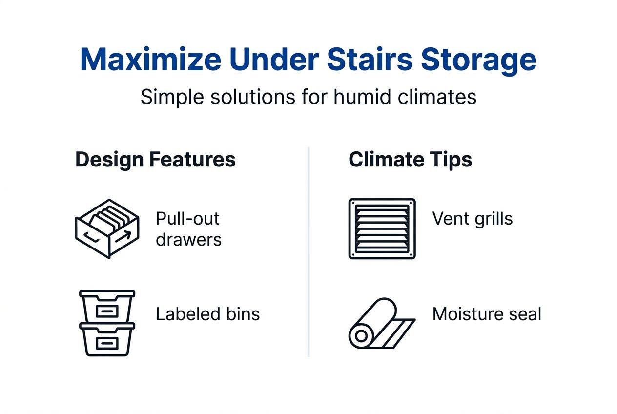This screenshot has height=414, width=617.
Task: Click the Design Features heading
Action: tap(155, 160)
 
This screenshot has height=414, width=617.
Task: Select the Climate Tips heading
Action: tap(410, 160)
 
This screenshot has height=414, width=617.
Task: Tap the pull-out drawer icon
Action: tap(107, 228)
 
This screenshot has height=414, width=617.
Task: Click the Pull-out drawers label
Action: tap(188, 228)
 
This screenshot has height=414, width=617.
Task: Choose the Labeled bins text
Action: tap(207, 314)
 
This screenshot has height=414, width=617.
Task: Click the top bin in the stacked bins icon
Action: tap(107, 306)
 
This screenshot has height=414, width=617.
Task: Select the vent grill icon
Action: tap(382, 228)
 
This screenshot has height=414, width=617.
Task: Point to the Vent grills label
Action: tap(473, 218)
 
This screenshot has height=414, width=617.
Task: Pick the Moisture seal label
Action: tap(487, 314)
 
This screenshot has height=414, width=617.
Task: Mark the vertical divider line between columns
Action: tap(308, 251)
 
